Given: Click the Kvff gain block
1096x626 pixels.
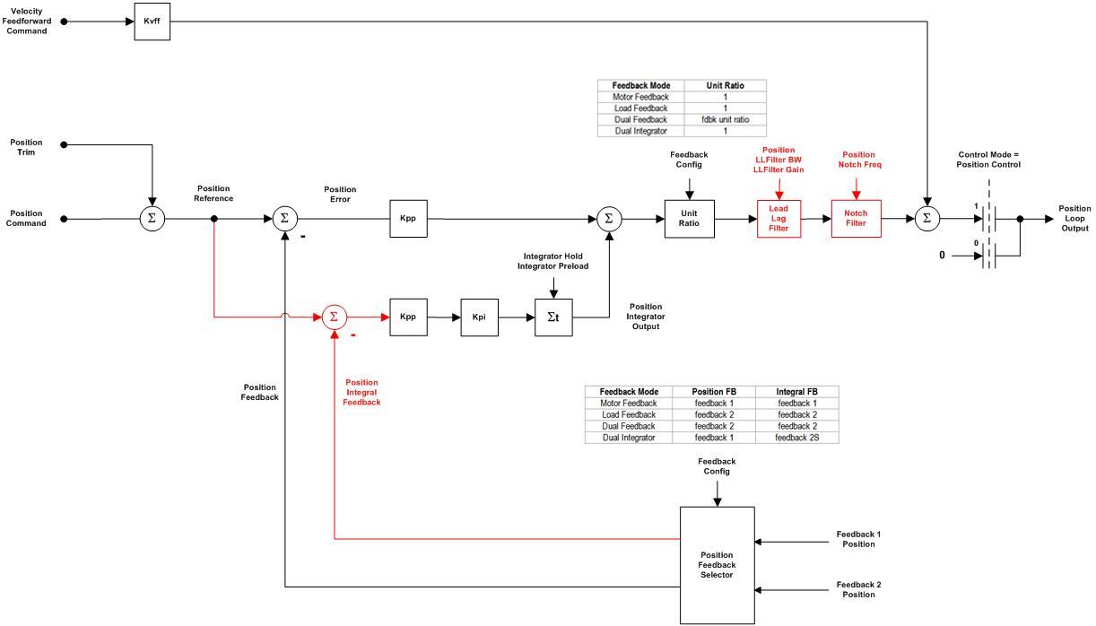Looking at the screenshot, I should (151, 22).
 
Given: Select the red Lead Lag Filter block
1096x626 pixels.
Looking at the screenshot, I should (778, 219).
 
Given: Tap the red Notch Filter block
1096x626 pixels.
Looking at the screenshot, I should (856, 218).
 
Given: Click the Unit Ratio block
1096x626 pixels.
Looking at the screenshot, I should (689, 219).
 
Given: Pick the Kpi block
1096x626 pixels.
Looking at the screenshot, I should (479, 317).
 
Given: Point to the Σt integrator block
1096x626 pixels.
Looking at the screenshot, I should (553, 317).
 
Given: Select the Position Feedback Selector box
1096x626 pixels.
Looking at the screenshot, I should (717, 565).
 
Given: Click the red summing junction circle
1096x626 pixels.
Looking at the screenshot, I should (334, 317).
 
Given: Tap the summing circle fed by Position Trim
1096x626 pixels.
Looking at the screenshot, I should (152, 218).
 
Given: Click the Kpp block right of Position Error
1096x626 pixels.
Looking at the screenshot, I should (407, 218).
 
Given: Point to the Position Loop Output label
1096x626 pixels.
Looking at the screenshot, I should (1074, 219).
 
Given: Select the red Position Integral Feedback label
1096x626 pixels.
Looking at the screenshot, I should (361, 392).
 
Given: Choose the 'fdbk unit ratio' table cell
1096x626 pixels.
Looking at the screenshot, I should (725, 119).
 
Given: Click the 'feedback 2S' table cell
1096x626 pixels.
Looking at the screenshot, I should (796, 438).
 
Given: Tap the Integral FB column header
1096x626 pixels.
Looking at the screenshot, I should (796, 392).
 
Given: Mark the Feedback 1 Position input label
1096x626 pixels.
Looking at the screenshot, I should (858, 539).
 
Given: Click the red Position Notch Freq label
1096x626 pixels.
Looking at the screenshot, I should (857, 161).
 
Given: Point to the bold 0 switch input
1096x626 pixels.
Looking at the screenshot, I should (942, 256).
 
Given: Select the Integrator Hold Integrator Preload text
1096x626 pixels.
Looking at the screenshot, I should (553, 261).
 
